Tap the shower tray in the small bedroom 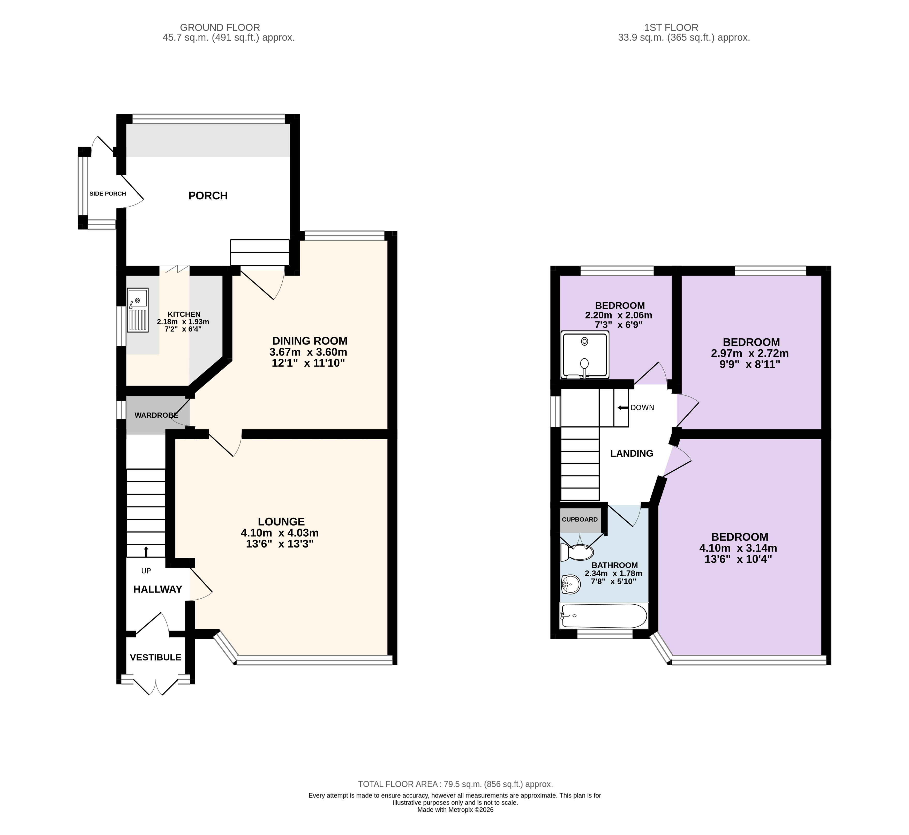(x=585, y=355)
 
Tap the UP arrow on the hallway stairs (x=146, y=551)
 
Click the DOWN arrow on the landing (x=622, y=408)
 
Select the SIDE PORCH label (x=108, y=194)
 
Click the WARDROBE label (x=156, y=415)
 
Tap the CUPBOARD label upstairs (x=580, y=520)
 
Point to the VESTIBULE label (x=155, y=657)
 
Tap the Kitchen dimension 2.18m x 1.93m (x=183, y=322)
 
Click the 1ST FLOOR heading (x=684, y=28)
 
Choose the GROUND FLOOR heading (x=220, y=28)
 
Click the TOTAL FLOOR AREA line (x=455, y=784)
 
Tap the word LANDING (x=632, y=454)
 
